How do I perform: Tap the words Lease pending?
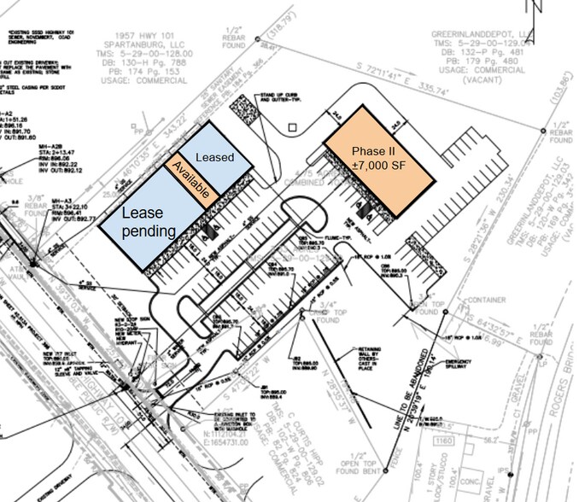(149, 221)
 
